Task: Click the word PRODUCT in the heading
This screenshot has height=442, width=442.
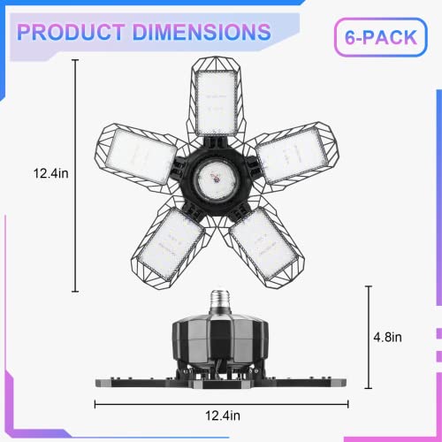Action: point(71,32)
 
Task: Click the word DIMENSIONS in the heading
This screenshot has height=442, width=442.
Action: point(202,32)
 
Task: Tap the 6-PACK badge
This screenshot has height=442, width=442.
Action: point(381,37)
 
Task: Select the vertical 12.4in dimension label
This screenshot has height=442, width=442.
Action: point(50,173)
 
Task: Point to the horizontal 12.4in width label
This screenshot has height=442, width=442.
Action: point(223,415)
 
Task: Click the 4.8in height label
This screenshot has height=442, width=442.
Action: point(387,337)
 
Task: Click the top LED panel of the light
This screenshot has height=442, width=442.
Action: point(217,103)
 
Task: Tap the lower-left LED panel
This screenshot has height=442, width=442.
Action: point(171,244)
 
